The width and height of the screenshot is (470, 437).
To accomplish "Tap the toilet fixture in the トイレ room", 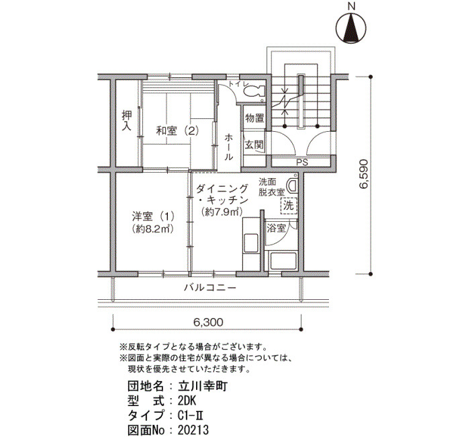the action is tap(254, 90).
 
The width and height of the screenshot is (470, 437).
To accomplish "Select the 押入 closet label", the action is tap(127, 121).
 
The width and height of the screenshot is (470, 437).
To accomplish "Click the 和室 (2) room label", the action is tap(177, 131).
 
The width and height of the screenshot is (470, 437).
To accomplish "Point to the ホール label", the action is tap(229, 147).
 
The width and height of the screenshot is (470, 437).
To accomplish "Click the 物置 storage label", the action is tap(254, 118).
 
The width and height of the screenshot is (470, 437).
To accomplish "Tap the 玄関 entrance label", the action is tap(254, 145).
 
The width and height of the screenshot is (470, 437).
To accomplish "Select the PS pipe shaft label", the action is tap(302, 163).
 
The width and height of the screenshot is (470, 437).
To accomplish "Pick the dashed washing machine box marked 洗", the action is tap(289, 206).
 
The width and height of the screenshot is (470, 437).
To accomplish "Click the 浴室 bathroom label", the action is tap(277, 229).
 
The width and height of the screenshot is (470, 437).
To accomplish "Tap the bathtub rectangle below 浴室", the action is tap(283, 261).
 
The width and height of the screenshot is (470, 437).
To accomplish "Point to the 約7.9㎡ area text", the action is tap(222, 212).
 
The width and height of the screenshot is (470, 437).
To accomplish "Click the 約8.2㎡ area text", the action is tap(153, 229).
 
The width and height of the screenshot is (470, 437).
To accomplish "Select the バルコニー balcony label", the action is tap(210, 288).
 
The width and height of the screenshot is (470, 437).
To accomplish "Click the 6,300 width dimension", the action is tap(208, 322).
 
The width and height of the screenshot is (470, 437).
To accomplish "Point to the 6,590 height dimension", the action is tap(363, 173).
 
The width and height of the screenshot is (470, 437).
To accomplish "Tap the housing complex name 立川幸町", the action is tap(203, 386).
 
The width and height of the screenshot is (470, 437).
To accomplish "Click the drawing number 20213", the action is tap(193, 430).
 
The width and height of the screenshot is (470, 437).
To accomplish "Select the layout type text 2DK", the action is tap(187, 401).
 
